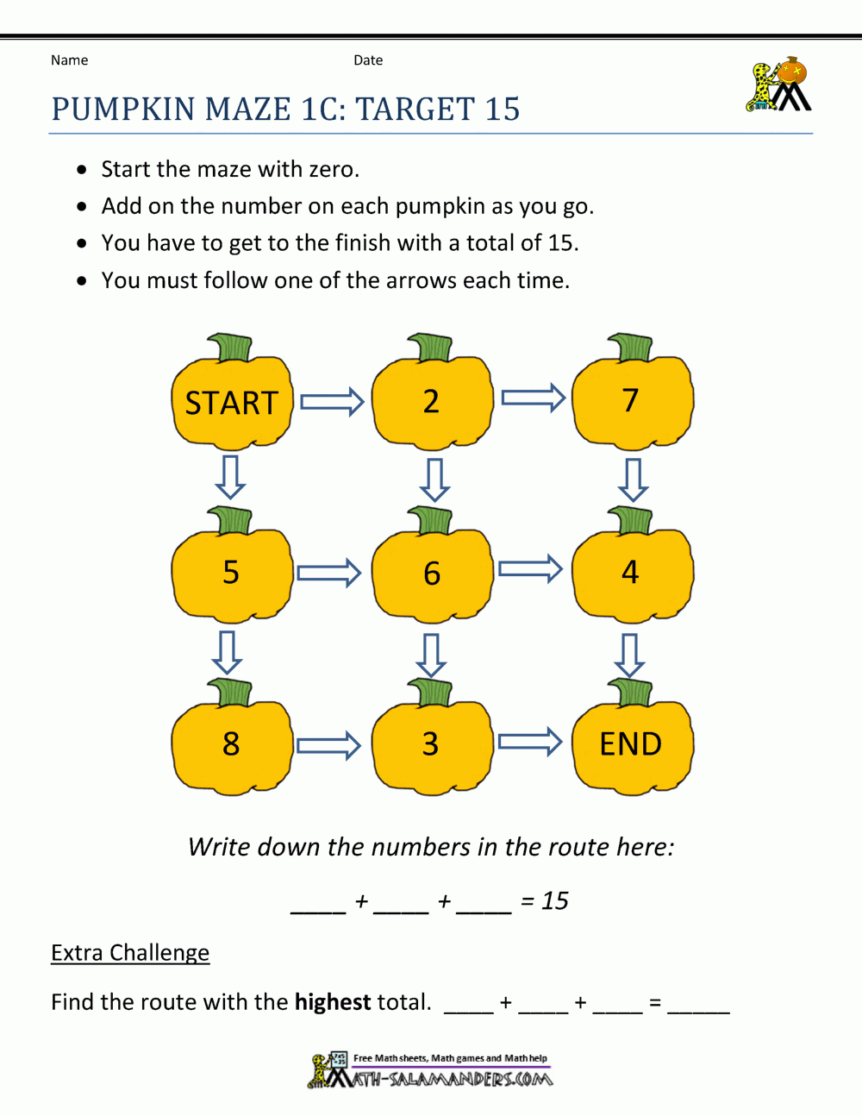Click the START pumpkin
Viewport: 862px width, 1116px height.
(231, 402)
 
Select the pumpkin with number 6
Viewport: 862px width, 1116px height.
(432, 574)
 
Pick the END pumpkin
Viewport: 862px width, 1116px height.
(632, 744)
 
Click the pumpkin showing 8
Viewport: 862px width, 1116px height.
(231, 744)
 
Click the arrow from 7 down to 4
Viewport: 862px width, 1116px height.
(633, 479)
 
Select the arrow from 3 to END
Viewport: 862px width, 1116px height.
(530, 743)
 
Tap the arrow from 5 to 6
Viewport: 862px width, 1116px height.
(328, 573)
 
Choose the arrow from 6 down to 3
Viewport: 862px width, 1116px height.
(431, 655)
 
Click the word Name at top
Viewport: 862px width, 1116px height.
(69, 60)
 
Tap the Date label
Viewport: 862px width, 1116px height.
(368, 60)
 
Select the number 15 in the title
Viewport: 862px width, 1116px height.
(502, 110)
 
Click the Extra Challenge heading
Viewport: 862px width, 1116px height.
(130, 952)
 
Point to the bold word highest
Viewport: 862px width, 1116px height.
(333, 1001)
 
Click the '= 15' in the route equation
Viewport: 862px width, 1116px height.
(544, 900)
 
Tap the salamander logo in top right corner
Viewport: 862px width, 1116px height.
(778, 85)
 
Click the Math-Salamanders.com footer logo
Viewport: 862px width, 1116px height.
(431, 1070)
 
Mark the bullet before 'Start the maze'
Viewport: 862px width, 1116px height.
(82, 169)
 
